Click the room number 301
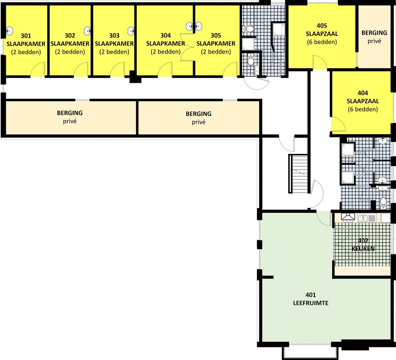(26, 36)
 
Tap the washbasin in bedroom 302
(87, 31)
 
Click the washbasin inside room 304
(189, 26)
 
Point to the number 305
(216, 35)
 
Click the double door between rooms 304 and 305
(187, 47)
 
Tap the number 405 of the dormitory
(322, 26)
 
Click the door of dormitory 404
(338, 125)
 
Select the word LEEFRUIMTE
(311, 303)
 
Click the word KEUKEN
(363, 249)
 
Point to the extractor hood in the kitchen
(348, 217)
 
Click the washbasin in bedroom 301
(9, 31)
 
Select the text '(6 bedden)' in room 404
(363, 109)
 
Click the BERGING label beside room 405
(374, 33)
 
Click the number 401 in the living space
(311, 295)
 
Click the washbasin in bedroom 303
(131, 31)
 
